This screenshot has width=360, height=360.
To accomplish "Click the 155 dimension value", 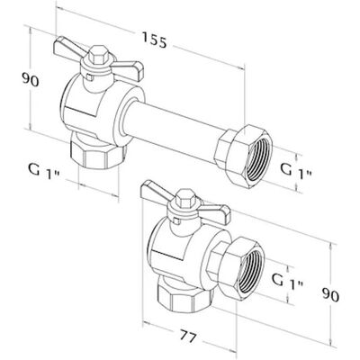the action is (154, 40).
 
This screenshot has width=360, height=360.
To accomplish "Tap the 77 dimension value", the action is (188, 336).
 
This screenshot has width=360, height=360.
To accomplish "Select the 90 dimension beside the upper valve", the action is (31, 80).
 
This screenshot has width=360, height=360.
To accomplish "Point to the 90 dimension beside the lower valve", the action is (330, 294).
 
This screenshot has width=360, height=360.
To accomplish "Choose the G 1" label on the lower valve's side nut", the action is (288, 282).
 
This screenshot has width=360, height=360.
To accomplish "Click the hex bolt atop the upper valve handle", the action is (98, 55).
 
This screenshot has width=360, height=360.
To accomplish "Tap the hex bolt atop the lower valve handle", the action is (185, 198).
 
